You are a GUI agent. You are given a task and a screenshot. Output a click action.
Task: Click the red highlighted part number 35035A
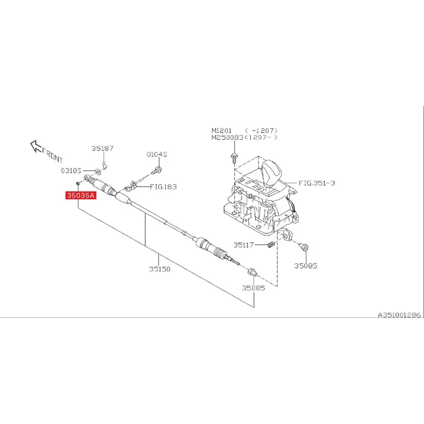80,196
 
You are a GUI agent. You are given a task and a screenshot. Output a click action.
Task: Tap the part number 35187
102,149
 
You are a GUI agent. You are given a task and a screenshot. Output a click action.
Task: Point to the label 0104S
157,154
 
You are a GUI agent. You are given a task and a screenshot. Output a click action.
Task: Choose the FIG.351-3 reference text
317,183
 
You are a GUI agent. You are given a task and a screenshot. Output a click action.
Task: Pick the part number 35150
159,269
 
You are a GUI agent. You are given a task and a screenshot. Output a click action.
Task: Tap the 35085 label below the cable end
253,288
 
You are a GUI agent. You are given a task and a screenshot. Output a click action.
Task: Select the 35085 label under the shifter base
306,266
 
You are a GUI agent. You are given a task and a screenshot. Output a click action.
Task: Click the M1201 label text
222,130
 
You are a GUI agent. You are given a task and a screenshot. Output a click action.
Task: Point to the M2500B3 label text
227,137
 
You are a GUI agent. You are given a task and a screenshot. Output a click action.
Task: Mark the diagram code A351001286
399,314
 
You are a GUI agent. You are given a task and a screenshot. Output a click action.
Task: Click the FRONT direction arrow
37,147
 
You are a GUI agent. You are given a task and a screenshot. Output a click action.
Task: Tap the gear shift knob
271,172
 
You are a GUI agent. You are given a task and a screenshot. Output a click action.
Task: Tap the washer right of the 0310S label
98,172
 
